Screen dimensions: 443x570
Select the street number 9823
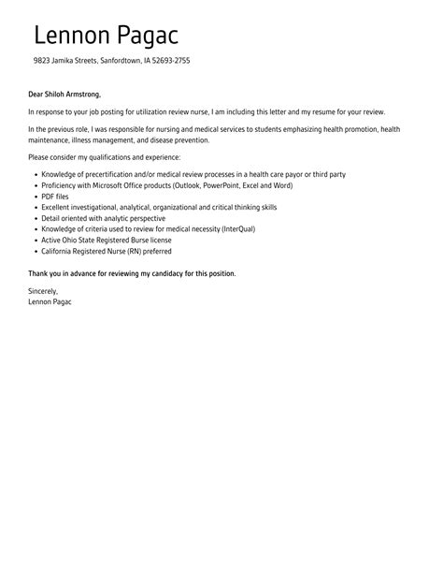tap(43, 61)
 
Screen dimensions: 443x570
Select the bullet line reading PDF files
tap(54, 197)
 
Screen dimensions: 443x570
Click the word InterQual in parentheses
tap(237, 229)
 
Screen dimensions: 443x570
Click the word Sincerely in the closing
tap(44, 291)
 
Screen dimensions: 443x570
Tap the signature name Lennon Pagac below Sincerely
tap(50, 301)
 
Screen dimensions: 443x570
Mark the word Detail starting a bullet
tap(50, 218)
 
